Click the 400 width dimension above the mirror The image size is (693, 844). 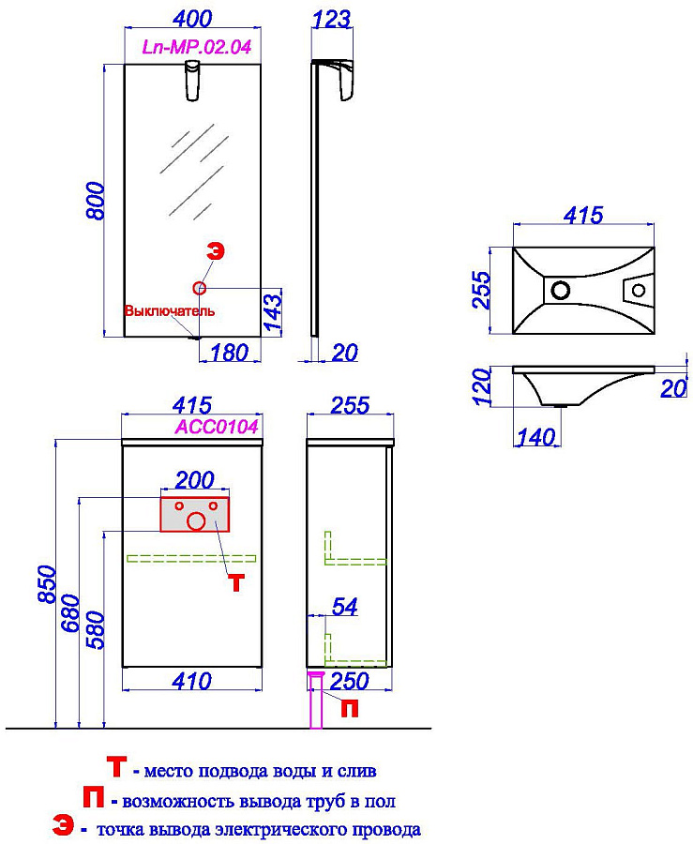click(192, 19)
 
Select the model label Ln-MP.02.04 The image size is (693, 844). click(196, 48)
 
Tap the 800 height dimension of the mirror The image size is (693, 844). click(96, 201)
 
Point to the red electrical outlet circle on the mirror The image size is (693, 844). click(199, 289)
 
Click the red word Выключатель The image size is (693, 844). click(170, 311)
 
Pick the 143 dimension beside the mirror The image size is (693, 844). click(272, 311)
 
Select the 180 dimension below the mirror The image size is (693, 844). click(229, 353)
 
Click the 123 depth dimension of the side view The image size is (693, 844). click(331, 20)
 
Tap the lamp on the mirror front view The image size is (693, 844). click(193, 81)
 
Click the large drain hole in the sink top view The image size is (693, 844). click(561, 290)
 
